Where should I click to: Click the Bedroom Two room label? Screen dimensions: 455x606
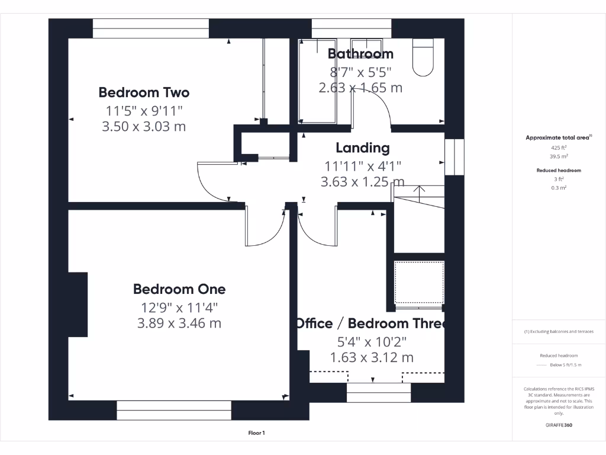point(144,92)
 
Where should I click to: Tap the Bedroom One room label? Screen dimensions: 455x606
point(179,289)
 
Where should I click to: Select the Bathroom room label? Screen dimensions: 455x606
point(360,54)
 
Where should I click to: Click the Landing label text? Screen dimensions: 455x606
point(363,148)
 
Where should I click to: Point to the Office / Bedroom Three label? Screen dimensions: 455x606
point(370,323)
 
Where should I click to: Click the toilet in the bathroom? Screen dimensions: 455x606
point(423,58)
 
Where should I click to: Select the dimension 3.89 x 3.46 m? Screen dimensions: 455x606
point(179,323)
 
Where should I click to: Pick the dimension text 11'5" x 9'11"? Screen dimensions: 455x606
point(144,110)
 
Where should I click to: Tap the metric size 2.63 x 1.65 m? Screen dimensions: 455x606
point(360,88)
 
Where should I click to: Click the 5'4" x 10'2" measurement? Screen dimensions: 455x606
point(371,341)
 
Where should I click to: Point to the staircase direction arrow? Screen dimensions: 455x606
point(419,191)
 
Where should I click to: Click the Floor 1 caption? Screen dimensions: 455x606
point(256,434)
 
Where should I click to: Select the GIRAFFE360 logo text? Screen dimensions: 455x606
point(559,425)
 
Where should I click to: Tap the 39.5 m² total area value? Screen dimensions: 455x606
point(559,157)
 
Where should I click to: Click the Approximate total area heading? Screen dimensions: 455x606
point(557,137)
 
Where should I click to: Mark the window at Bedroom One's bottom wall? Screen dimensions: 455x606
point(174,410)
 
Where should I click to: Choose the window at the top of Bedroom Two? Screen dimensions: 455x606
point(151,28)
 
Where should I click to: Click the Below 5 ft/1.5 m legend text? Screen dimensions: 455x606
point(565,365)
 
